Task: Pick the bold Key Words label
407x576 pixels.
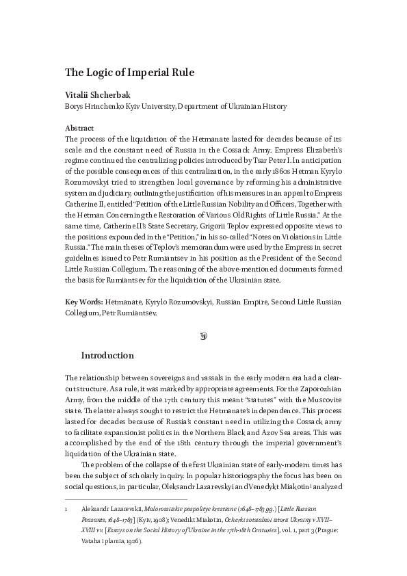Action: [85, 302]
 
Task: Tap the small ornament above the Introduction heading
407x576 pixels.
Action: [203, 335]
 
